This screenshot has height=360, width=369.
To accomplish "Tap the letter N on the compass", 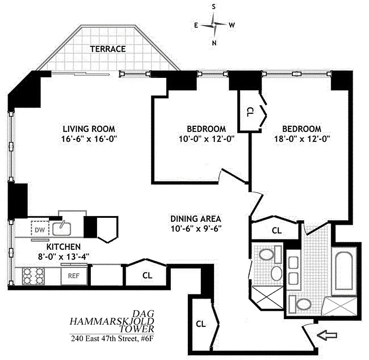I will click(214, 43).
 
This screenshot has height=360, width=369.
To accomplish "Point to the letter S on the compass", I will click(214, 7).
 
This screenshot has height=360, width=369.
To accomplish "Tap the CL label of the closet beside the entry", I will click(201, 323).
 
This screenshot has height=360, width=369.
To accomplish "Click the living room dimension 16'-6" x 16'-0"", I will click(90, 139).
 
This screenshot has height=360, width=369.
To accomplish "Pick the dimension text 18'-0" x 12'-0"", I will click(302, 139).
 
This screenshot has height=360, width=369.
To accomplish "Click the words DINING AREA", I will click(196, 219).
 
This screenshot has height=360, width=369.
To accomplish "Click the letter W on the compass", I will click(231, 25).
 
